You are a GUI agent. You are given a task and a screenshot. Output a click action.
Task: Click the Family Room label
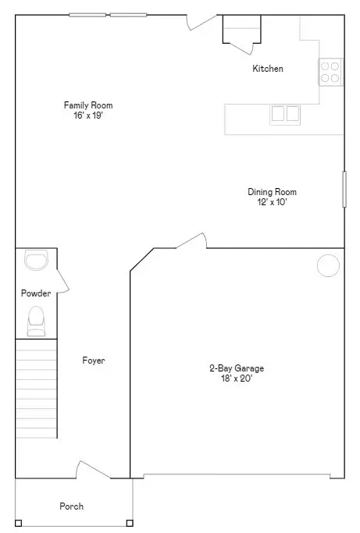(83, 105)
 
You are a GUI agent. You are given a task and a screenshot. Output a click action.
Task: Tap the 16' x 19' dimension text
(83, 115)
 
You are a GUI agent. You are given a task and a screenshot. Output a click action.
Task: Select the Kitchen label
(267, 69)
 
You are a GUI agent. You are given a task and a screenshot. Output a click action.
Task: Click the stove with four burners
(330, 72)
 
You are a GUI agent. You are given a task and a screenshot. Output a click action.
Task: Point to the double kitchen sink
(285, 114)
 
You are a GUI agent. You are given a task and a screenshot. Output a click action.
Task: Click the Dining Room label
(272, 192)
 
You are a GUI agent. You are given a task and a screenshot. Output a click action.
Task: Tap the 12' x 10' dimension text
(272, 202)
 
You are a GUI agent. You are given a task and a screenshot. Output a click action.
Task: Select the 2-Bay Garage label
(236, 368)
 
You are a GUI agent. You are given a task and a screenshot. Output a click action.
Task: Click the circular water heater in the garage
(328, 265)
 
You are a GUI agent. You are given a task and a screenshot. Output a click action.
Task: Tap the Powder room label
(36, 293)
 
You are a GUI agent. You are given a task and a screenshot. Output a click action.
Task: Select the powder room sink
(36, 259)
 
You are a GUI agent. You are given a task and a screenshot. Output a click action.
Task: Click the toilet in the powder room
(36, 320)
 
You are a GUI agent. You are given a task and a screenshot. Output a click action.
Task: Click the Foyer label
(94, 361)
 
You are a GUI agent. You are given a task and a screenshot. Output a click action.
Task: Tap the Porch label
(71, 506)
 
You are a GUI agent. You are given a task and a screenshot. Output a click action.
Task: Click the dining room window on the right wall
(344, 189)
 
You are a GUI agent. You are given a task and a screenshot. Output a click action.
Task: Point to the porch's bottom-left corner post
(19, 523)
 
